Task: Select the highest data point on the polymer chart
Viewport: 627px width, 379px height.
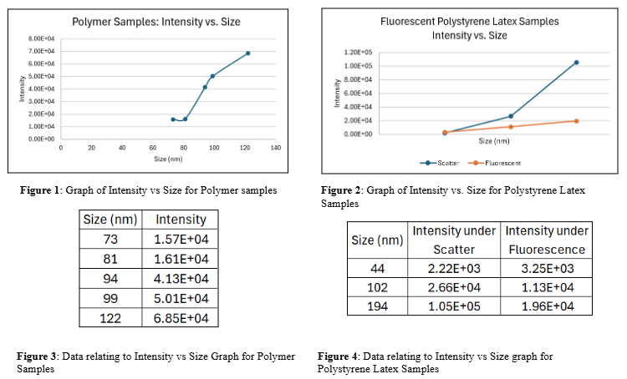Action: [x=247, y=53]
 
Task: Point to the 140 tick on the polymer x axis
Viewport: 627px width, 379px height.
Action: [x=275, y=147]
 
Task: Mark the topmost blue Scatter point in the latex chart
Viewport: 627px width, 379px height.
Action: [x=576, y=63]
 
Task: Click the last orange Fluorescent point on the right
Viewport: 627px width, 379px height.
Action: [x=576, y=121]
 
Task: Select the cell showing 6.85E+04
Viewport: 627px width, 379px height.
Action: [x=181, y=318]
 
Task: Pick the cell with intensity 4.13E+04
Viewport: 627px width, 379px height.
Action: [x=181, y=278]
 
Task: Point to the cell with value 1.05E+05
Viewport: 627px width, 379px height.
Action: [x=454, y=306]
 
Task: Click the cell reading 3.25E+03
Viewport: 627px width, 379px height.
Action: [x=547, y=268]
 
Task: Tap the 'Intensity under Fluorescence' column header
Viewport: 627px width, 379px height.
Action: [x=547, y=240]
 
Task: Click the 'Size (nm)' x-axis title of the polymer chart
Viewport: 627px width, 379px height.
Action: [x=167, y=158]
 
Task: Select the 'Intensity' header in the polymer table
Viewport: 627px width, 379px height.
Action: [x=181, y=219]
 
